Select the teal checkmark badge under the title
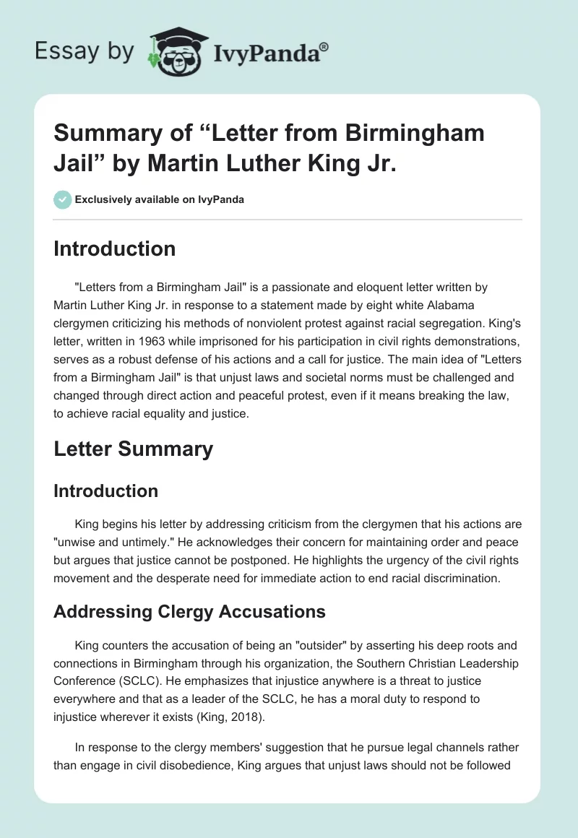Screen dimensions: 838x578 [62, 199]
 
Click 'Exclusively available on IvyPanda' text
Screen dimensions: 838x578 [159, 199]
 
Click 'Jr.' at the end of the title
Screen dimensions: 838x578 [376, 163]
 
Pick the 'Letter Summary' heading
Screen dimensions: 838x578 [134, 449]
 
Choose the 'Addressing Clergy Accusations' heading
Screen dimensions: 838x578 [189, 612]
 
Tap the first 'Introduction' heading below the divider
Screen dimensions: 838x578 [115, 249]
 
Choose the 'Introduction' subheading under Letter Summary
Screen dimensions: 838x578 [106, 491]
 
